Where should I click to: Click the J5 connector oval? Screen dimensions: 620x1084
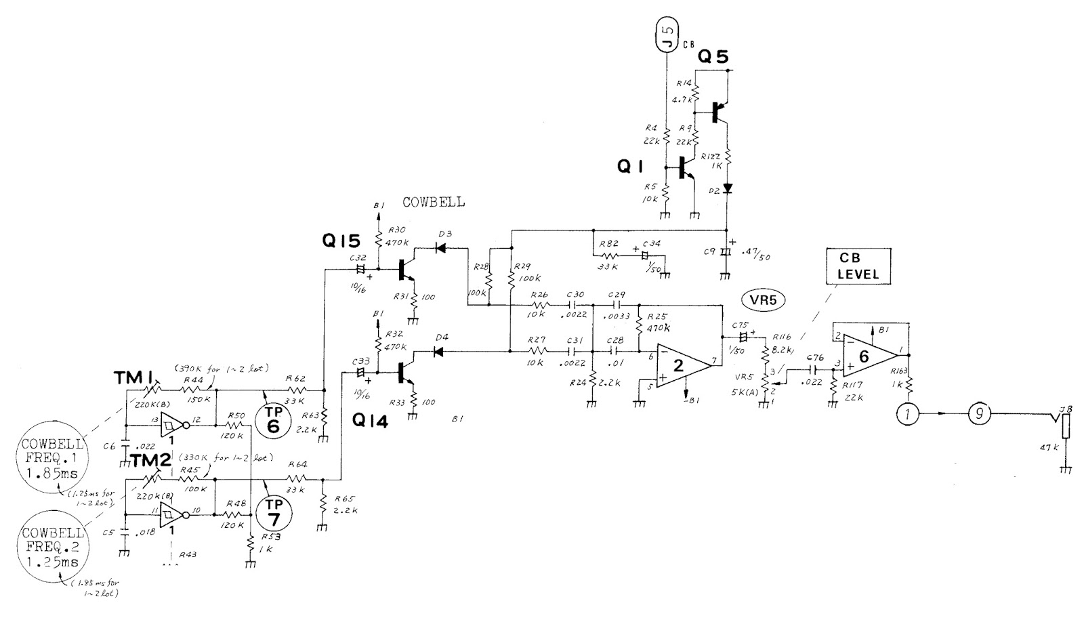click(667, 37)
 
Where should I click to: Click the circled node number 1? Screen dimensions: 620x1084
click(906, 412)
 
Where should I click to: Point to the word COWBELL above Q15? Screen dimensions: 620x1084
click(434, 202)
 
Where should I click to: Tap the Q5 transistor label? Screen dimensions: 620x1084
click(714, 58)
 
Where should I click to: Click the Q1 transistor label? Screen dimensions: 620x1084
click(632, 167)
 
